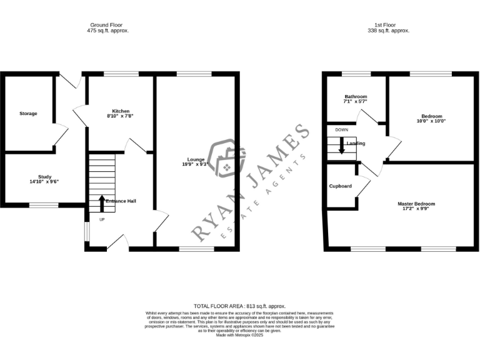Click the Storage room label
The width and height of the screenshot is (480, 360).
tap(28, 113)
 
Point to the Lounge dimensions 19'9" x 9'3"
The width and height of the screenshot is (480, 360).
tap(196, 164)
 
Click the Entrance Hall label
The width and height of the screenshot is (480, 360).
tap(121, 201)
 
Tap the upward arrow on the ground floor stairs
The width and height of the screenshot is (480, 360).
tap(102, 203)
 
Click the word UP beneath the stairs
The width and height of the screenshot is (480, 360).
tap(102, 219)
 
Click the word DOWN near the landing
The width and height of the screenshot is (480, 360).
tap(341, 129)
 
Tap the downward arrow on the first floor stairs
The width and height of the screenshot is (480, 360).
tap(341, 146)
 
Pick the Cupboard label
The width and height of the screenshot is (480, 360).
tap(341, 186)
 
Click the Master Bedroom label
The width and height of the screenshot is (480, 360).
tap(416, 204)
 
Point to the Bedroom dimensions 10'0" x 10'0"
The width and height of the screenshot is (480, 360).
tap(432, 121)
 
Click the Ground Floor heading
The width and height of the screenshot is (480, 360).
tap(109, 25)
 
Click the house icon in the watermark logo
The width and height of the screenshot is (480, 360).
tap(223, 157)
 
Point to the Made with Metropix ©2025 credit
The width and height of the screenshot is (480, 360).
tap(240, 335)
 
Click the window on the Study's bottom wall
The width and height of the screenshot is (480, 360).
tap(44, 205)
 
